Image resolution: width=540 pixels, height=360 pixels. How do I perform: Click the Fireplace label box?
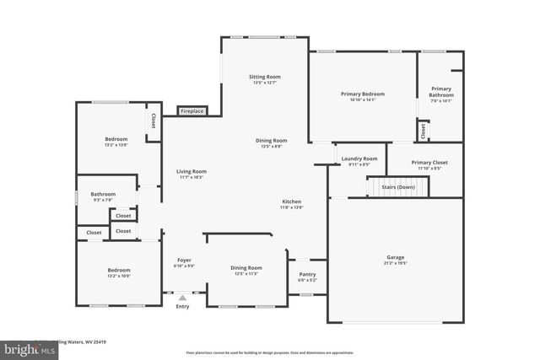[192, 111]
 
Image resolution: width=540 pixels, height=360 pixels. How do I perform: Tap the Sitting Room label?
[264, 77]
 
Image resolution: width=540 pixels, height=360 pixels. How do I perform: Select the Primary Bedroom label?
[362, 94]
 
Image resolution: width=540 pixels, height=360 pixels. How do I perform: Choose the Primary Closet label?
[429, 162]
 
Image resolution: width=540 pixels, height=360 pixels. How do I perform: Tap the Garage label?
[396, 257]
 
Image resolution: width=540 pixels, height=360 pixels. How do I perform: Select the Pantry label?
[307, 274]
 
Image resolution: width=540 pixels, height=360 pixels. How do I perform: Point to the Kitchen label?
[292, 202]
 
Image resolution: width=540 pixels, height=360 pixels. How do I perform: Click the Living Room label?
[192, 171]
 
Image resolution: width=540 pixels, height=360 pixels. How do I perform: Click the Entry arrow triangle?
[182, 298]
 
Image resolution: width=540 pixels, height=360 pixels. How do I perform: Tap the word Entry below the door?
[182, 307]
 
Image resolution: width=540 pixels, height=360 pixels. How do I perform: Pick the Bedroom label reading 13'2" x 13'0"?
[116, 145]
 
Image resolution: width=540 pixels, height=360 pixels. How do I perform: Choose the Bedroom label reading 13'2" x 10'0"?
[119, 276]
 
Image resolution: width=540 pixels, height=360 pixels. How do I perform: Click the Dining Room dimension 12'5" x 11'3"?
[246, 274]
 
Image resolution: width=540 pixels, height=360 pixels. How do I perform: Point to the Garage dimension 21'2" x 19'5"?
[396, 263]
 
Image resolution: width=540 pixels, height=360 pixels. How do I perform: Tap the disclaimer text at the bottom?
[270, 352]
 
